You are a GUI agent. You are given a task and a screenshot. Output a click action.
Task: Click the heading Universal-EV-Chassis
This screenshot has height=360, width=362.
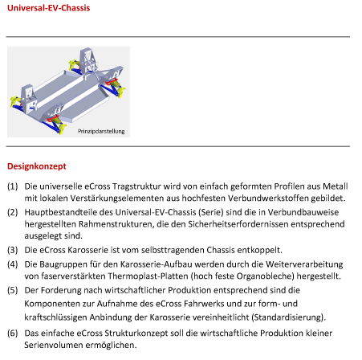pyautogui.click(x=49, y=8)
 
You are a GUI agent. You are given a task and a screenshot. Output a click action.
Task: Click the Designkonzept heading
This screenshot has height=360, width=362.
pyautogui.click(x=37, y=166)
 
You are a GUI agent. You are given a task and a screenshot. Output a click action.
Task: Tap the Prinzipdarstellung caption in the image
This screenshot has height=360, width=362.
pyautogui.click(x=101, y=131)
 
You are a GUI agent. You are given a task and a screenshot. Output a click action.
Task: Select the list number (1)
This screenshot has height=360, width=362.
pyautogui.click(x=13, y=186)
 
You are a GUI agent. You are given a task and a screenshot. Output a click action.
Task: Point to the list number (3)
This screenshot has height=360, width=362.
pyautogui.click(x=13, y=250)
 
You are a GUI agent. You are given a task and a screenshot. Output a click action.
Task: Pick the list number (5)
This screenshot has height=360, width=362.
pyautogui.click(x=13, y=290)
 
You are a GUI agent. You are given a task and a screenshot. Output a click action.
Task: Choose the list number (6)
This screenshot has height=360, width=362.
pyautogui.click(x=13, y=333)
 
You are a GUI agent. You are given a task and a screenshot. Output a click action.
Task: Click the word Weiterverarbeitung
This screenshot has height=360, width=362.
pyautogui.click(x=304, y=264)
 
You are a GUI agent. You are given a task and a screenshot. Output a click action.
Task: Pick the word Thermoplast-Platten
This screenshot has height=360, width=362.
pyautogui.click(x=148, y=276)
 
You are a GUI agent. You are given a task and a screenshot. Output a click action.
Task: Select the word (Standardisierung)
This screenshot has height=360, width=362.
pyautogui.click(x=288, y=317)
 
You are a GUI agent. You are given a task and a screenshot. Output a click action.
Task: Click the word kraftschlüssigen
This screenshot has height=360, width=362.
pyautogui.click(x=55, y=317)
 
